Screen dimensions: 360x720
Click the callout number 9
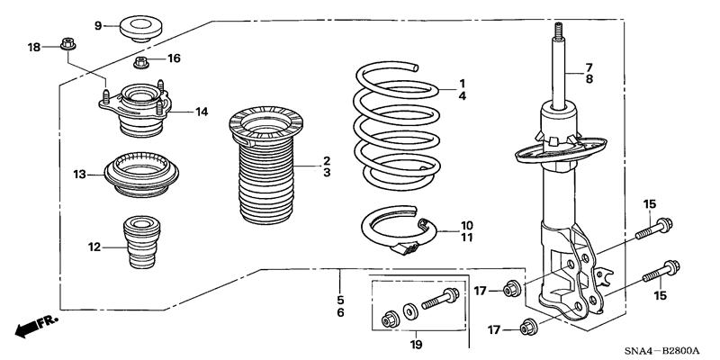pyautogui.click(x=99, y=24)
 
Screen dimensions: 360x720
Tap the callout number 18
pyautogui.click(x=34, y=47)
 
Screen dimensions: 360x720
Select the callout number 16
pyautogui.click(x=174, y=58)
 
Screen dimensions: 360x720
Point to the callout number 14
pyautogui.click(x=202, y=112)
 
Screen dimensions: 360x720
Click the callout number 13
pyautogui.click(x=79, y=173)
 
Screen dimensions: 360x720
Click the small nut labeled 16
pyautogui.click(x=140, y=62)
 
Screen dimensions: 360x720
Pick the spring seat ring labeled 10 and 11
pyautogui.click(x=400, y=231)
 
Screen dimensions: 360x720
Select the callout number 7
pyautogui.click(x=589, y=67)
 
